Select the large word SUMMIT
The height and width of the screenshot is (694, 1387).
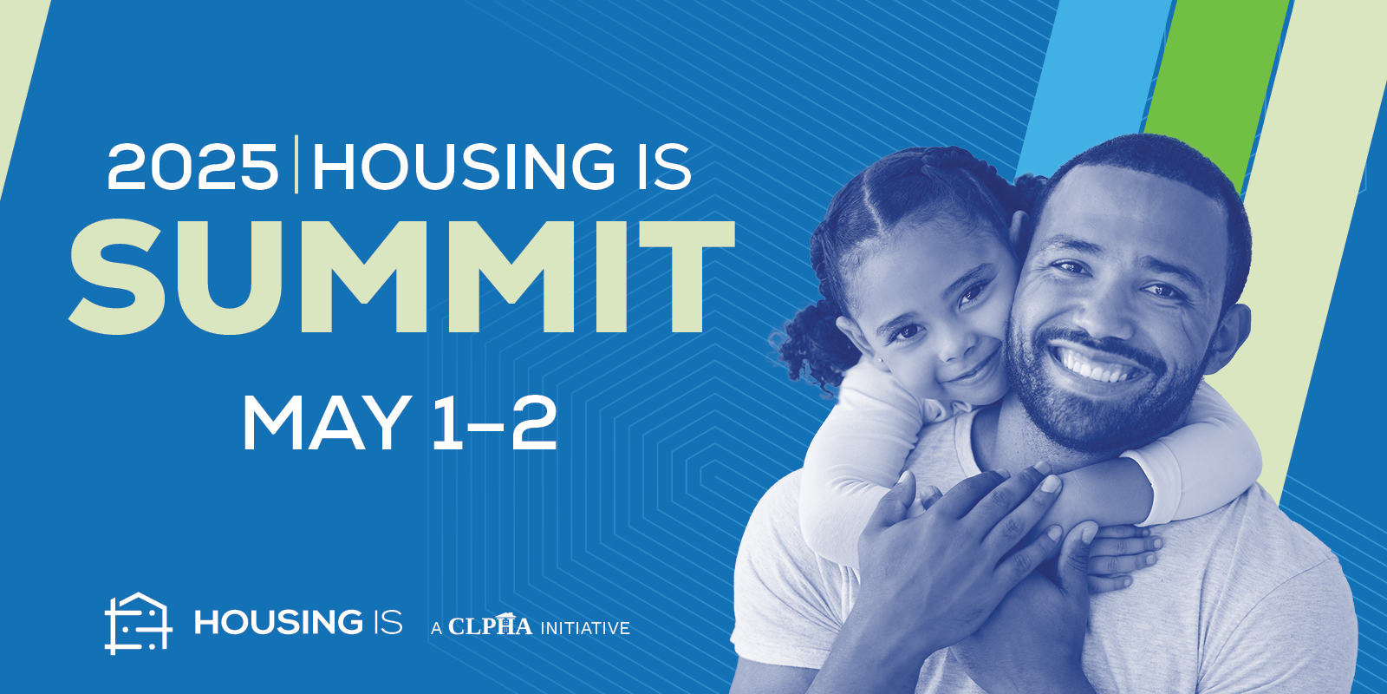point(402,277)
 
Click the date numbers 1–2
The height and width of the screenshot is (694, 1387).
point(493,423)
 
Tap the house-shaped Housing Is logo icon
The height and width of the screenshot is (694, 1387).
point(138,623)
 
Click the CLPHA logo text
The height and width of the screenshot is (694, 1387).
point(490,625)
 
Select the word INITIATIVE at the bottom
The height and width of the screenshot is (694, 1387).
point(585,628)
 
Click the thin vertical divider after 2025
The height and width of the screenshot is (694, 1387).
point(296,164)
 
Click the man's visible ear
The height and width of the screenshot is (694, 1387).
point(1229,337)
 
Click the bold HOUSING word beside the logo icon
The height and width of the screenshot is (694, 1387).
point(278,622)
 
